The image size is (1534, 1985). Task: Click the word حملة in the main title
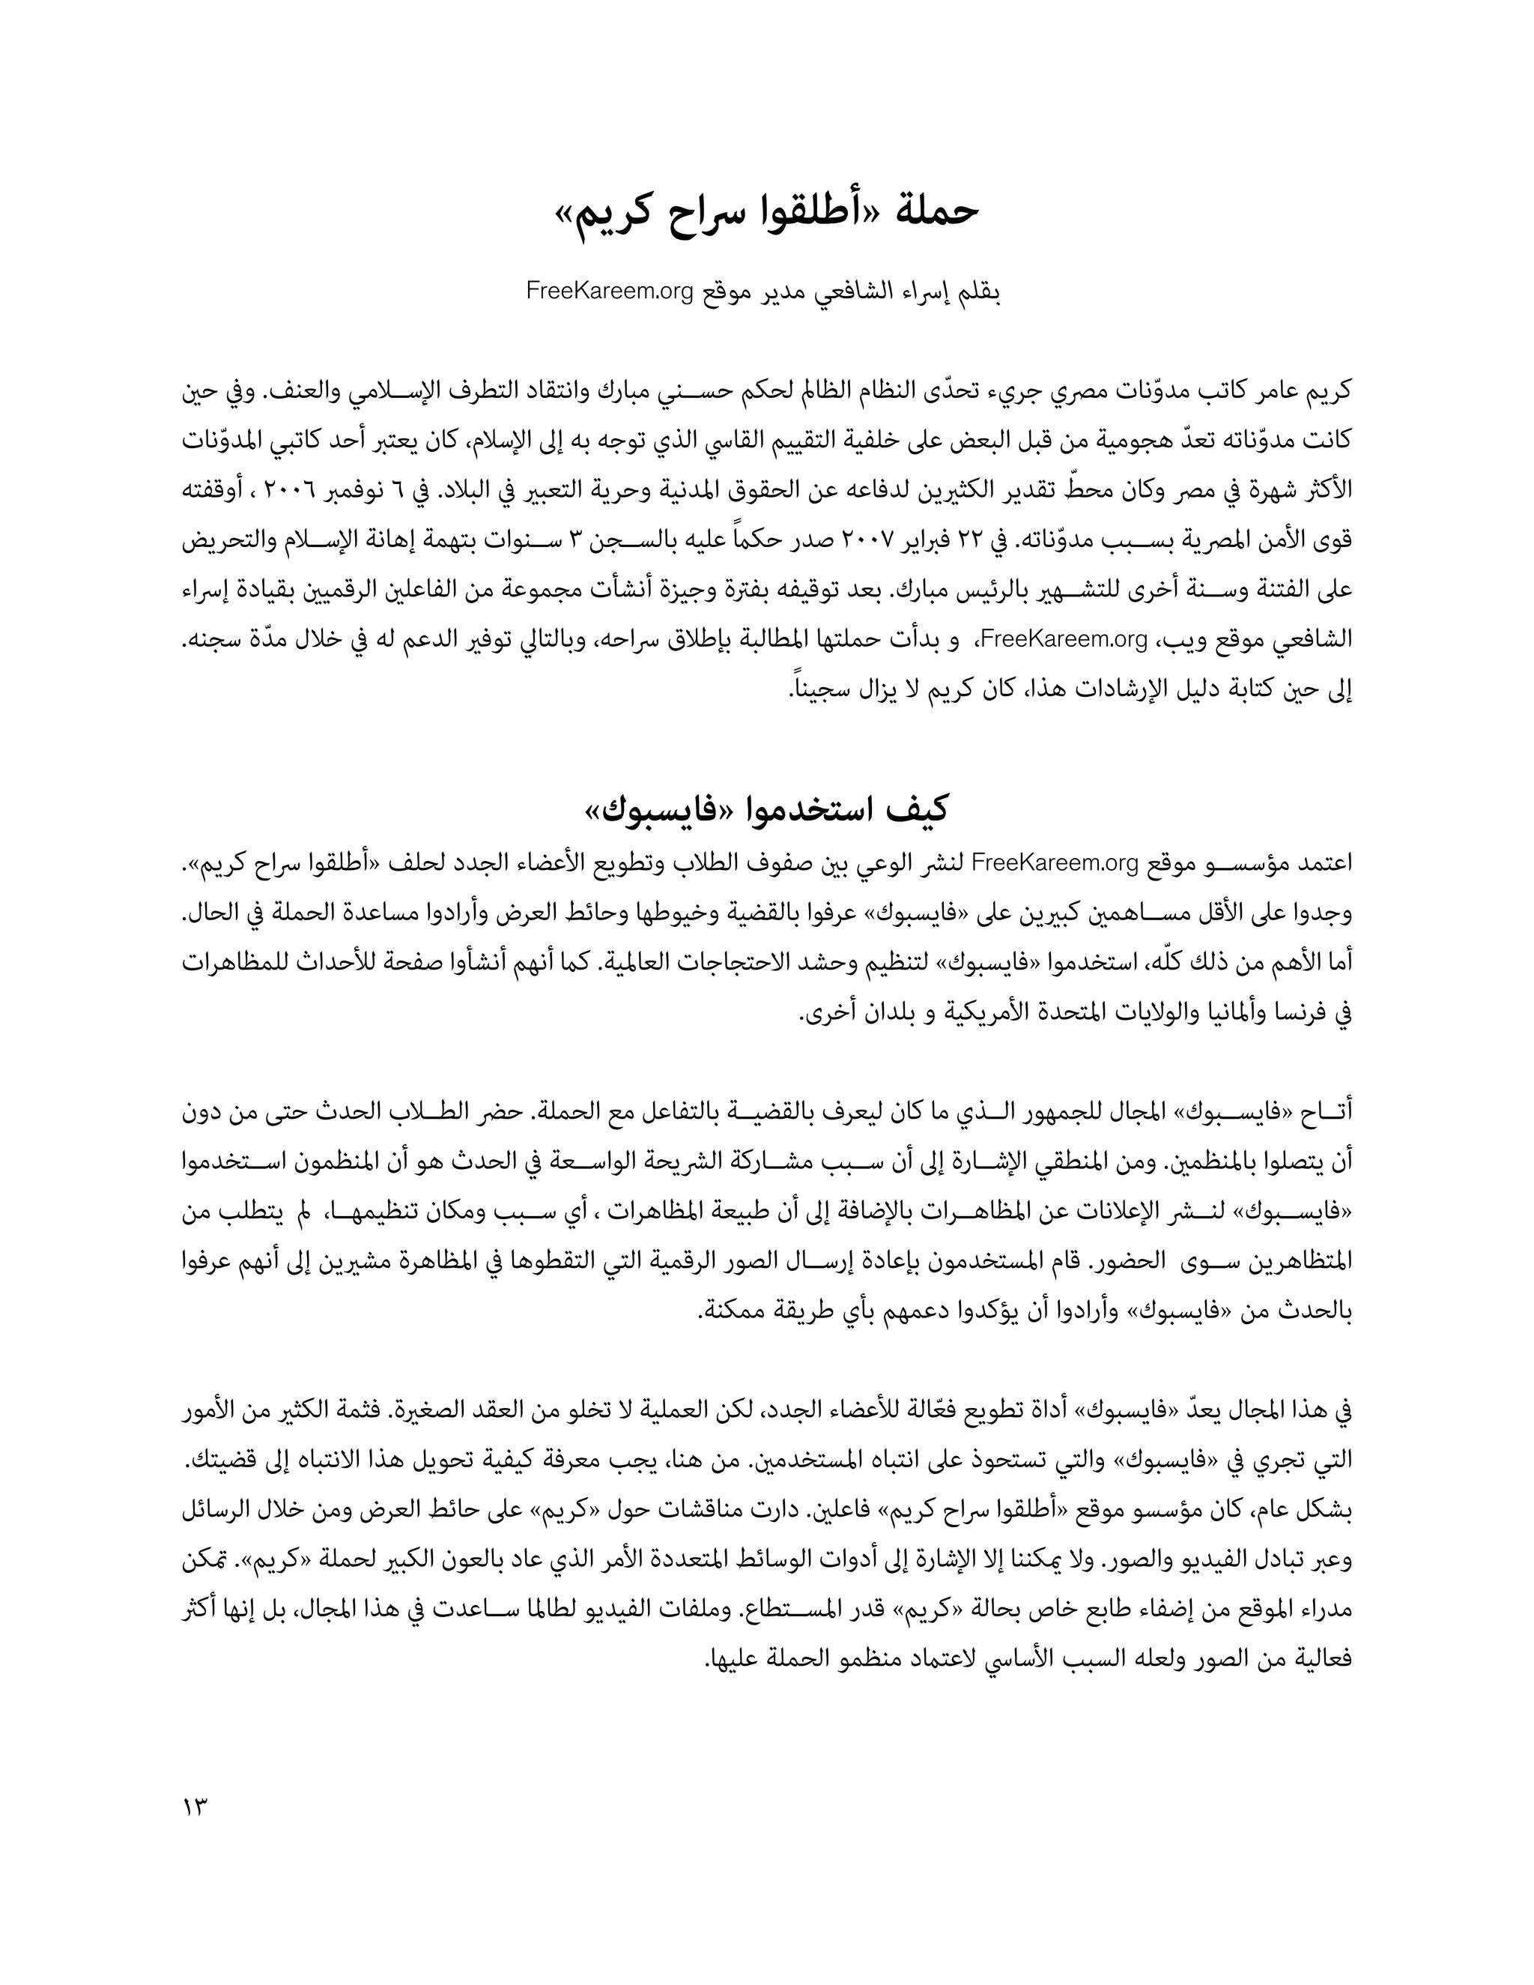click(x=938, y=210)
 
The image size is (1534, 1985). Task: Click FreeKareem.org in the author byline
click(x=610, y=293)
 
